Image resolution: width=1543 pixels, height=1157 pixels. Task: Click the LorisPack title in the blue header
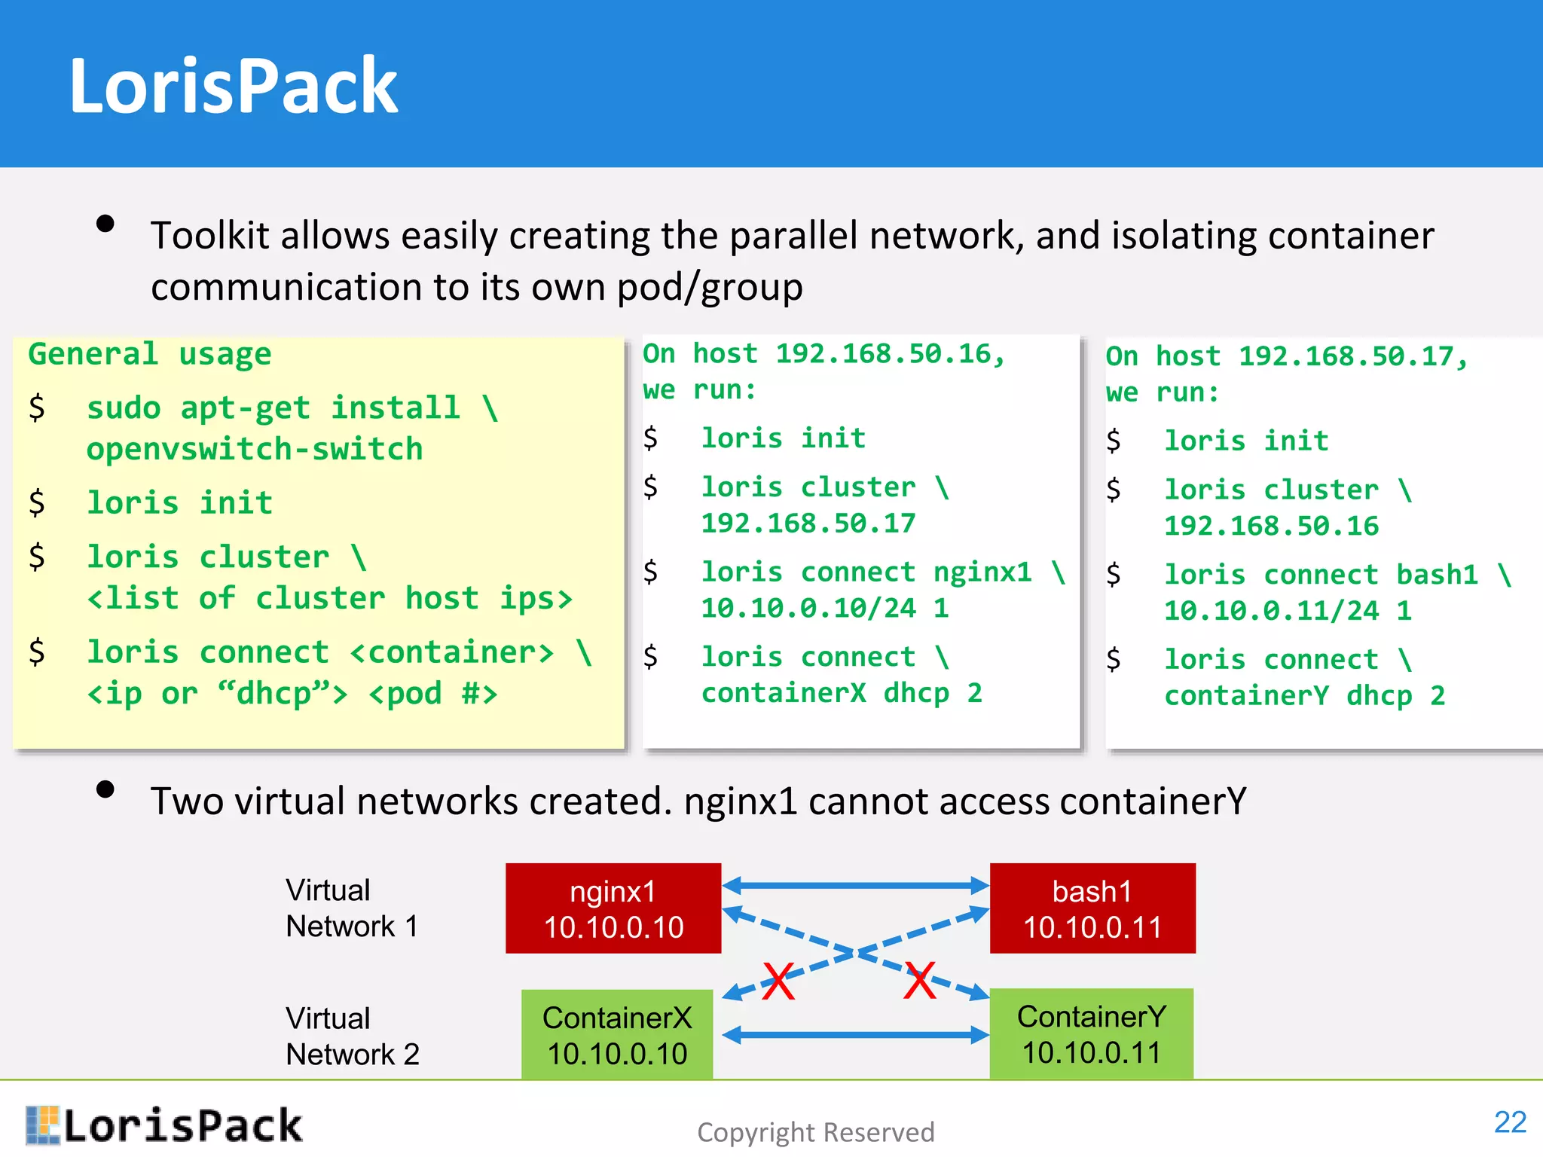(233, 86)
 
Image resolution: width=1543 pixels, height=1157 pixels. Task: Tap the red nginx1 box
(613, 908)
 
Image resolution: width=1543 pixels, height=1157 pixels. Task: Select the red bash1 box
(1092, 908)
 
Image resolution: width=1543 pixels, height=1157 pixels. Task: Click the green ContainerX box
(617, 1035)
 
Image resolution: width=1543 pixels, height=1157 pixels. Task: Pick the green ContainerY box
(1091, 1033)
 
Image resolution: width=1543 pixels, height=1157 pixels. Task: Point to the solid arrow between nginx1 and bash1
(855, 886)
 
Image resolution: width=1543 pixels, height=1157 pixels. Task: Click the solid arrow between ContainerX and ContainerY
(855, 1035)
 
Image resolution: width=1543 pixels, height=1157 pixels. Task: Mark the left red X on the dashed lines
(778, 981)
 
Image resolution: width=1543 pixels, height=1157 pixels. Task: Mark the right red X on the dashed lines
(920, 981)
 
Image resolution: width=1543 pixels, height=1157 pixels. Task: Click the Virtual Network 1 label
(351, 908)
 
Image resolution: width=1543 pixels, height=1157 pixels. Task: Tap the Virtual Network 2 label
(351, 1036)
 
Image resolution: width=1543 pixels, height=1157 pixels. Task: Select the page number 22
(1510, 1122)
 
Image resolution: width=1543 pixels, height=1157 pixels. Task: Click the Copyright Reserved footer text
(815, 1132)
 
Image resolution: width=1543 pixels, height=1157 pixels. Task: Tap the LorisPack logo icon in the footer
(42, 1125)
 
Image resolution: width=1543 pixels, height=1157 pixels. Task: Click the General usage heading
(149, 354)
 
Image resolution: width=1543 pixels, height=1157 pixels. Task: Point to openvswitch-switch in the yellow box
(255, 449)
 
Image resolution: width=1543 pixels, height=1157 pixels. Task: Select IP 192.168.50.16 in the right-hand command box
(1271, 526)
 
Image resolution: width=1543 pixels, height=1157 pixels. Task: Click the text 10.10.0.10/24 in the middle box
(808, 608)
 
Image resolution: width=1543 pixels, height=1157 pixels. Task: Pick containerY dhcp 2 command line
(1304, 695)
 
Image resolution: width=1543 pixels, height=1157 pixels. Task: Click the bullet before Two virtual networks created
(105, 789)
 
